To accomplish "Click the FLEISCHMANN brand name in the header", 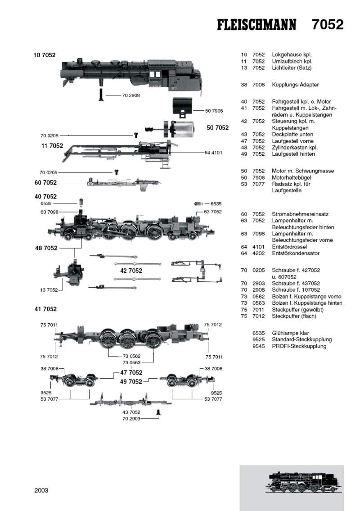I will point(257,25).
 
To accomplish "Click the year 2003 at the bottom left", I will point(41,490).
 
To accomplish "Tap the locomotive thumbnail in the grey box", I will point(299,484).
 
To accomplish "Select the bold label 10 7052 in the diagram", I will point(45,55).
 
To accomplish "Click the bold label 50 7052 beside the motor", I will point(218,128).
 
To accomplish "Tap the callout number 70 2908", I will point(130,95).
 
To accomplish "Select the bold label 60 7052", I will point(45,182).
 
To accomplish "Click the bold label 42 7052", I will point(131,271).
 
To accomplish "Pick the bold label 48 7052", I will point(46,248).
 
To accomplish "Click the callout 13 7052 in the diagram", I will point(49,290).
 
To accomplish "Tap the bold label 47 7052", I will point(131,372).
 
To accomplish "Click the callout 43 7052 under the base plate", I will point(131,412).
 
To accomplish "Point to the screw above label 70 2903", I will point(158,412).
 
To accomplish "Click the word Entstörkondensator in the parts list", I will point(297,253).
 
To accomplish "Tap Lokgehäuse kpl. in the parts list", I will point(292,54).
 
